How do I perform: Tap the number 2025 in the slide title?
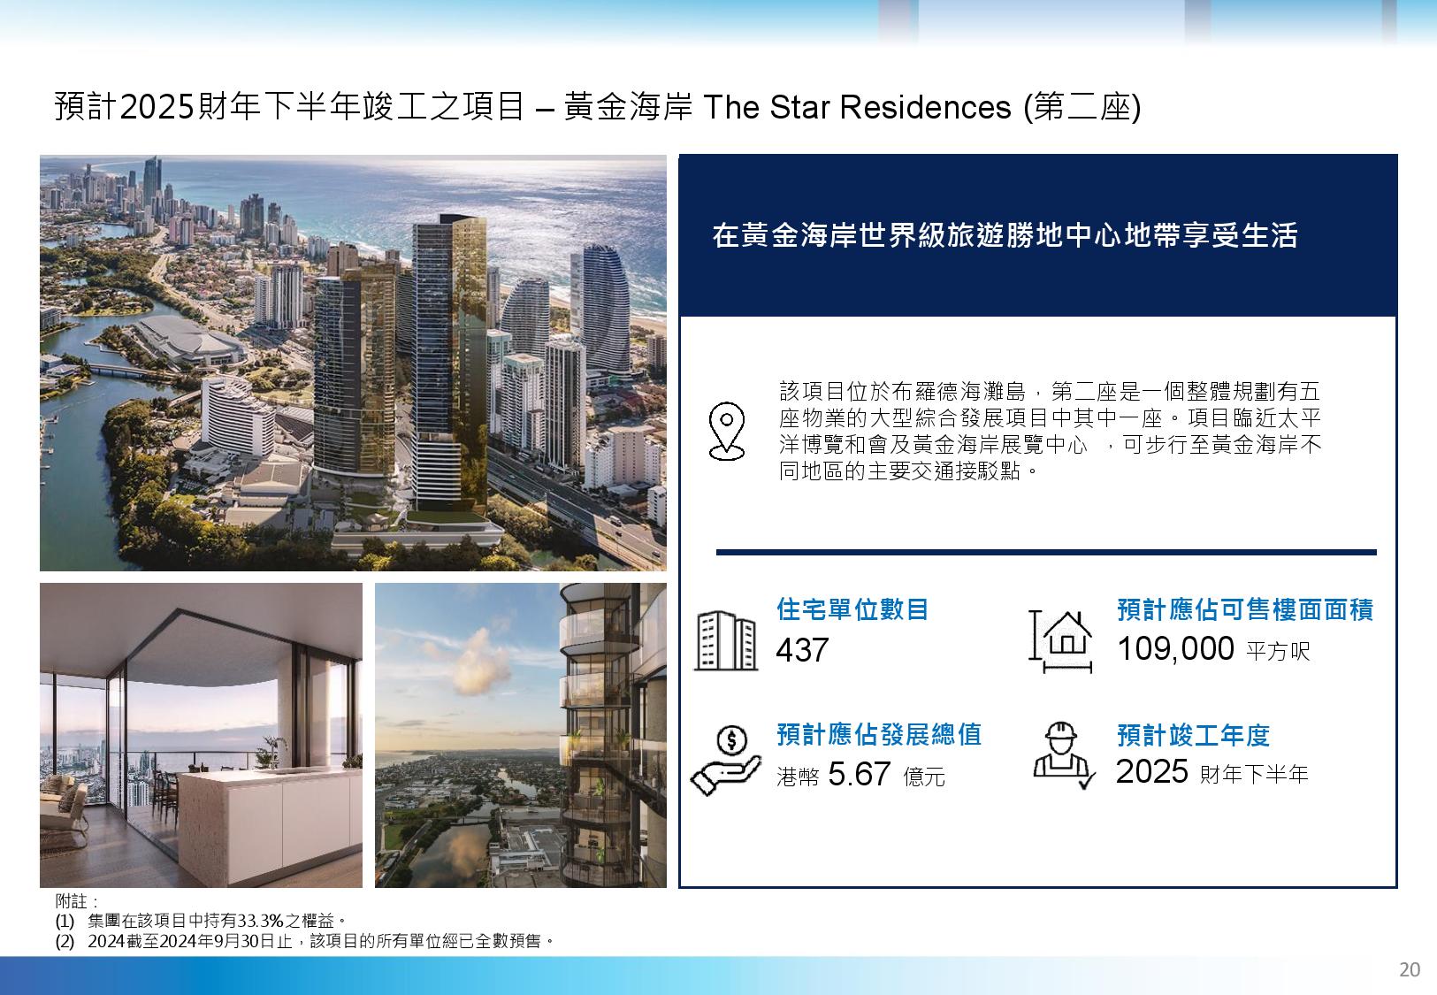(x=157, y=106)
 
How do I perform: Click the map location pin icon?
(x=726, y=431)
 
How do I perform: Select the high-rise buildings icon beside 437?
(x=725, y=640)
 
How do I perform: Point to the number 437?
(x=802, y=650)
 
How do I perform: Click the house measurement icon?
(x=1060, y=641)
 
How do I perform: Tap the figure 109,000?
(x=1175, y=648)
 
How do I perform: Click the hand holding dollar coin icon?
(x=725, y=761)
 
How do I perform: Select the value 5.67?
(x=859, y=774)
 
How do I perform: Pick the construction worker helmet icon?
(x=1063, y=755)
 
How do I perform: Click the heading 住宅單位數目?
(x=852, y=608)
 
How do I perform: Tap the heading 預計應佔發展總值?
(x=879, y=734)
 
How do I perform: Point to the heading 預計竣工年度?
(x=1193, y=735)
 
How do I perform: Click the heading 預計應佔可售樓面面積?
(x=1245, y=609)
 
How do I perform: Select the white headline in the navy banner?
(x=1005, y=234)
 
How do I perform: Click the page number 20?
(x=1410, y=969)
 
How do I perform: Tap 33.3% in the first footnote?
(x=260, y=922)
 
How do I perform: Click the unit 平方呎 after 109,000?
(x=1278, y=651)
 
